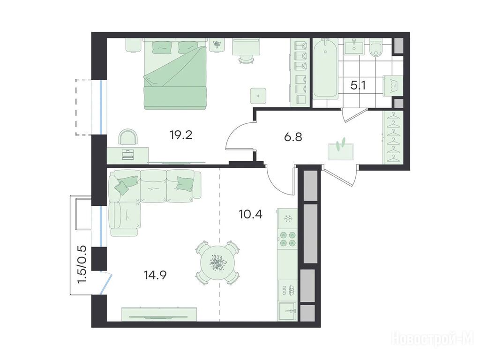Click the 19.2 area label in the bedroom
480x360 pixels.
[181, 135]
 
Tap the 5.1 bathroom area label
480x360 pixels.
[358, 85]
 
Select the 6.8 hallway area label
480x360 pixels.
[293, 137]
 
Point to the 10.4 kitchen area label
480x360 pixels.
[250, 214]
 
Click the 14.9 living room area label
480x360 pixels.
[155, 276]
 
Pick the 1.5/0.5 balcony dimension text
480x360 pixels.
[82, 264]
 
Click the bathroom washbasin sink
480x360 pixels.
[354, 46]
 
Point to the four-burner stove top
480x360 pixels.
[287, 239]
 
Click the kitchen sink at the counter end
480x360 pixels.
[287, 311]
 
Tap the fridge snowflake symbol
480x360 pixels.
[287, 219]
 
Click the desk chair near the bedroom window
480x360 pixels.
[128, 137]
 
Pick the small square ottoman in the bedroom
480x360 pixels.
[258, 96]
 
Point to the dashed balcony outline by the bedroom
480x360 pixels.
[83, 107]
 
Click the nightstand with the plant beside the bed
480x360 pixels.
[217, 45]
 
